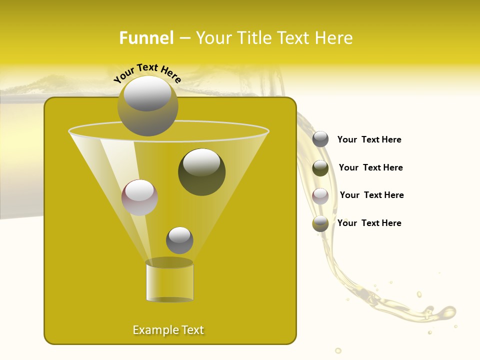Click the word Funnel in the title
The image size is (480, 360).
pyautogui.click(x=146, y=38)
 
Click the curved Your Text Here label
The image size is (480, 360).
pyautogui.click(x=147, y=72)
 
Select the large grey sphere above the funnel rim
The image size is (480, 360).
pyautogui.click(x=147, y=105)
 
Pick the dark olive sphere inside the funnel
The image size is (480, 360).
pyautogui.click(x=201, y=171)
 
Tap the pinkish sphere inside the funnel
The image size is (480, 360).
pyautogui.click(x=139, y=197)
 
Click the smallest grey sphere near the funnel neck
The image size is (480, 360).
pyautogui.click(x=179, y=240)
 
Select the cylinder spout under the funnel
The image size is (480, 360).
pyautogui.click(x=169, y=281)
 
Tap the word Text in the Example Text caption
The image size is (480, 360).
pyautogui.click(x=191, y=330)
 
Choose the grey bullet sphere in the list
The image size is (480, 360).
pyautogui.click(x=320, y=139)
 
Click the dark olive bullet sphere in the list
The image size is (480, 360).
pyautogui.click(x=320, y=168)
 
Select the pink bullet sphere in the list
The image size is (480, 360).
pyautogui.click(x=320, y=196)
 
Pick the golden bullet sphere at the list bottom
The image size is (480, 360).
pyautogui.click(x=320, y=223)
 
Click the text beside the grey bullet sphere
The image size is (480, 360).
pyautogui.click(x=369, y=139)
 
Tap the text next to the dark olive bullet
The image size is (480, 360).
pyautogui.click(x=370, y=167)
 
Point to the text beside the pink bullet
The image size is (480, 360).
pyautogui.click(x=371, y=195)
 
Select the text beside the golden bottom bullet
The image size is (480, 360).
pyautogui.click(x=369, y=223)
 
